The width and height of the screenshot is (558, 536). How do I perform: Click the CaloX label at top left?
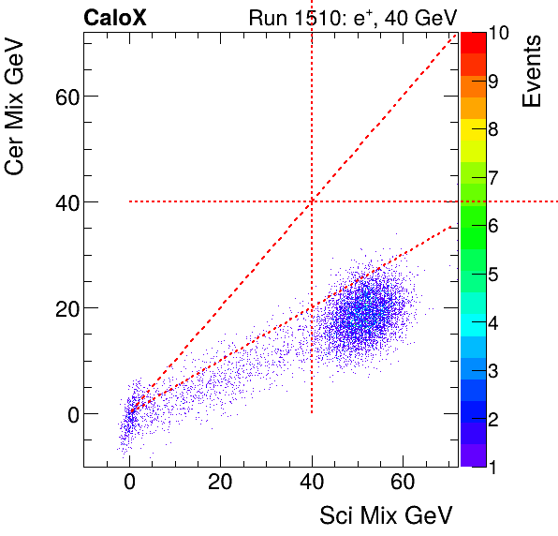point(114,17)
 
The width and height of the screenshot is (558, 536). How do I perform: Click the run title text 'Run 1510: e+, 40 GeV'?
point(352,17)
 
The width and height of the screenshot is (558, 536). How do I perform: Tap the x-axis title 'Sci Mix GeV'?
point(387,515)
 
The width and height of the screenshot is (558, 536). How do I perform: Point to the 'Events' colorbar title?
point(534,70)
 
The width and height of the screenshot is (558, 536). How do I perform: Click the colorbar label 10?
point(498,34)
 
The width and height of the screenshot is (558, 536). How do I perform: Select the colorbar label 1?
point(492,466)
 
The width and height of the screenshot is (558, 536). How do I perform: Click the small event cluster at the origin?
point(130,412)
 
